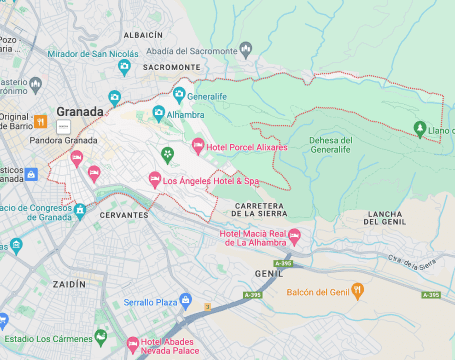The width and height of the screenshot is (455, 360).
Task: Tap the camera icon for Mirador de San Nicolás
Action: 125,67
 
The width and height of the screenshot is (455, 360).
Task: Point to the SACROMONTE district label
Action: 172,67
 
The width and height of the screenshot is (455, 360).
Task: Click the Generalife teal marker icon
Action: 179,95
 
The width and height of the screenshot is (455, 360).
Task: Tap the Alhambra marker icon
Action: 158,114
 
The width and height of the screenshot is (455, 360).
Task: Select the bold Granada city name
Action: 80,111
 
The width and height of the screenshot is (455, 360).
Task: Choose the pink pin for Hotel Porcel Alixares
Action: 197,146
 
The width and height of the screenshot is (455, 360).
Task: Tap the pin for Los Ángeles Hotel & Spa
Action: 154,180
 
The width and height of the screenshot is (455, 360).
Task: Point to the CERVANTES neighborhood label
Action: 125,215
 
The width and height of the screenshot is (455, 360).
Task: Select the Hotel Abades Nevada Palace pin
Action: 132,347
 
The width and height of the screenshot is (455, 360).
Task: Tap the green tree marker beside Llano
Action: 419,128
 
